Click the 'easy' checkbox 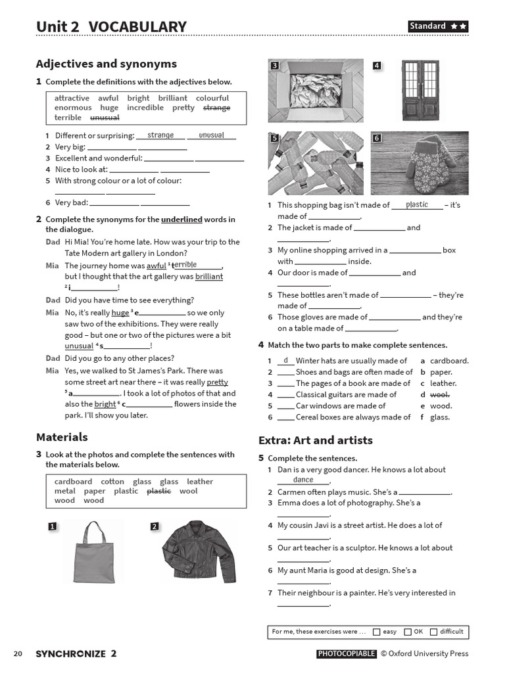[x=377, y=632]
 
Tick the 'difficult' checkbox [x=433, y=632]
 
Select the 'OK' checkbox [x=408, y=632]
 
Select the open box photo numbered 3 [x=316, y=91]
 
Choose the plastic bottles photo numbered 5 [x=316, y=164]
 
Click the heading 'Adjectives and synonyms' [x=107, y=64]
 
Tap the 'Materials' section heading [x=62, y=437]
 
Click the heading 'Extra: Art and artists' [x=316, y=440]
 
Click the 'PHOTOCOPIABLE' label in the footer [x=347, y=654]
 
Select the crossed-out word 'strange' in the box [x=217, y=108]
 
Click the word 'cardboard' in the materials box [x=73, y=482]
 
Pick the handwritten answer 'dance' [x=303, y=480]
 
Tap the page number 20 [x=18, y=654]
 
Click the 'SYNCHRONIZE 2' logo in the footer [x=76, y=654]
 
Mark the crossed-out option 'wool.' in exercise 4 [x=440, y=394]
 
